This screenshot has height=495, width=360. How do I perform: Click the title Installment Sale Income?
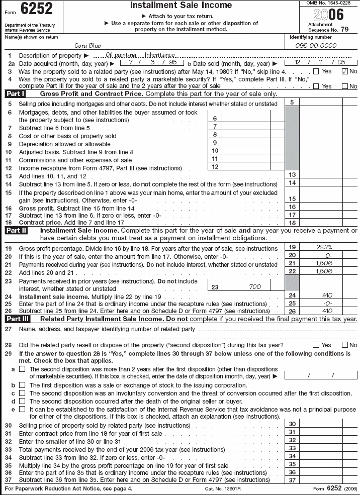[x=181, y=6]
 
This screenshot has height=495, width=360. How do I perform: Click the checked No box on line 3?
[x=344, y=71]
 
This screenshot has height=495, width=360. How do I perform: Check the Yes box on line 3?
[x=316, y=71]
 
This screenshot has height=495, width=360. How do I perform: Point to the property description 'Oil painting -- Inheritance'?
[x=140, y=55]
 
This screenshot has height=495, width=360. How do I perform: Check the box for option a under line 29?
[x=22, y=369]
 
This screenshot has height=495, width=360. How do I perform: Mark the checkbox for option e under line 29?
[x=22, y=409]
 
